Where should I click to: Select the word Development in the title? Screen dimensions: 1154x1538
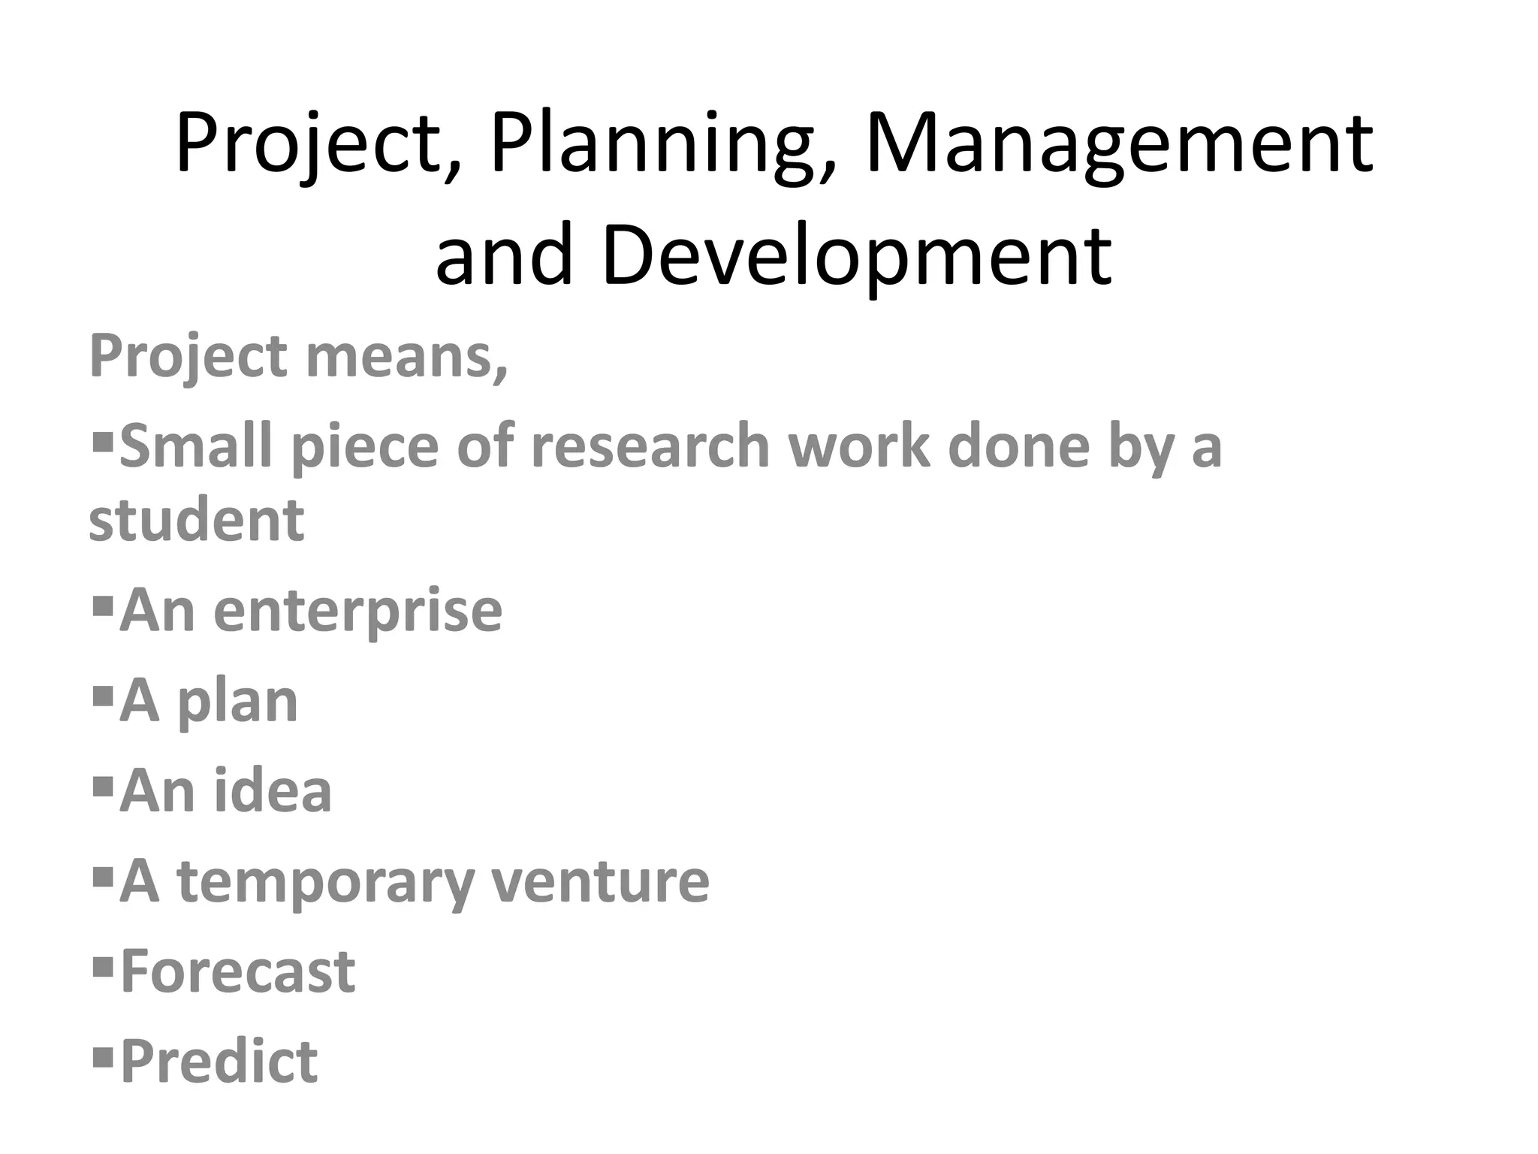tap(856, 255)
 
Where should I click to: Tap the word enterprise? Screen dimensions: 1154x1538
tap(357, 611)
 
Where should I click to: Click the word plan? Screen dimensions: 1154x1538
tap(237, 702)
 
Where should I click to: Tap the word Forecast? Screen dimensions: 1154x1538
tap(237, 971)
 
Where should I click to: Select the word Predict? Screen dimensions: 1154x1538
tap(219, 1062)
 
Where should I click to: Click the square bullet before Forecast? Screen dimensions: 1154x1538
tap(102, 963)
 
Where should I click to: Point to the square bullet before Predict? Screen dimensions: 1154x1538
tap(102, 1054)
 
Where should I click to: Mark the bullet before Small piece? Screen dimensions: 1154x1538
tap(102, 437)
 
